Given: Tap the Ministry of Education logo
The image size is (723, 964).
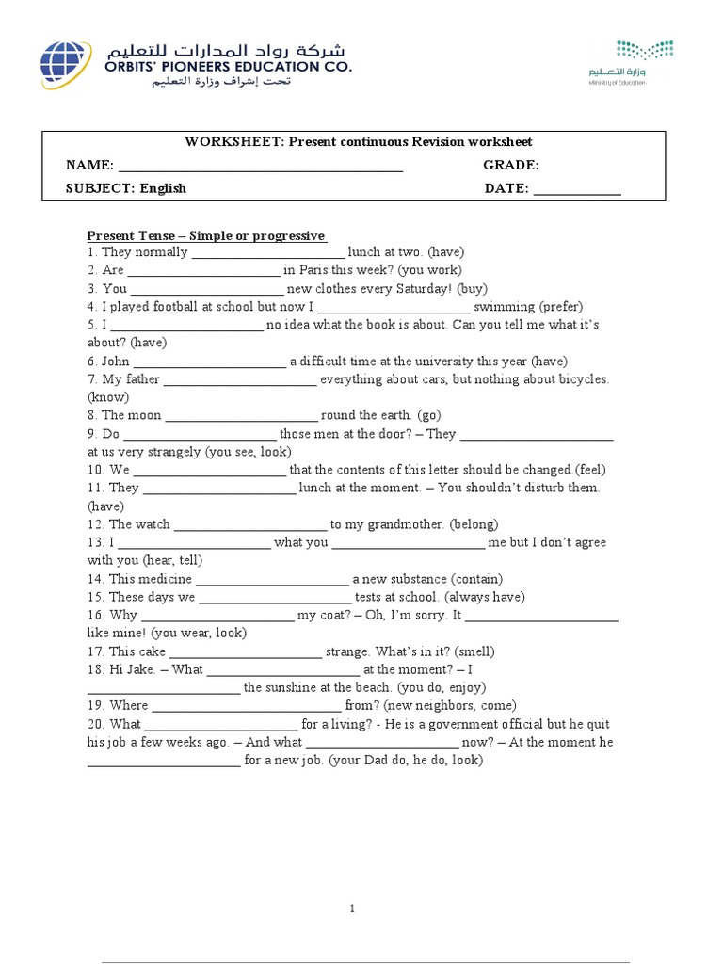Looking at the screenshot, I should pyautogui.click(x=645, y=62).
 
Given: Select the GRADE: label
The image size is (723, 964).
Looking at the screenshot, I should pyautogui.click(x=511, y=165).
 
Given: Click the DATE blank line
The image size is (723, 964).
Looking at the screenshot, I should pyautogui.click(x=577, y=189).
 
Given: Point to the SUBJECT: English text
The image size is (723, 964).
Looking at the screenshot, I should pyautogui.click(x=125, y=188).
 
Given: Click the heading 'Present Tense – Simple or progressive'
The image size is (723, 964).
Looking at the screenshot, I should pyautogui.click(x=206, y=235).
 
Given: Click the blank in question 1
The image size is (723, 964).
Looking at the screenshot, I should pyautogui.click(x=268, y=253).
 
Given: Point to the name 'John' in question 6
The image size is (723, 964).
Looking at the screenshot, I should pyautogui.click(x=115, y=361).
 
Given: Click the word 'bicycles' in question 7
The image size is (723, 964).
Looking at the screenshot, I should pyautogui.click(x=579, y=378).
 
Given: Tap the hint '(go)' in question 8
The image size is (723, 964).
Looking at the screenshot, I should pyautogui.click(x=429, y=415).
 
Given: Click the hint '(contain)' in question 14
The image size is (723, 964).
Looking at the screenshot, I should pyautogui.click(x=476, y=579).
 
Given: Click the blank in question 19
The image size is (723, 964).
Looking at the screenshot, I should pyautogui.click(x=246, y=706).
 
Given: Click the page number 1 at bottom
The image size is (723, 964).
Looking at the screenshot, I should pyautogui.click(x=352, y=908).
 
